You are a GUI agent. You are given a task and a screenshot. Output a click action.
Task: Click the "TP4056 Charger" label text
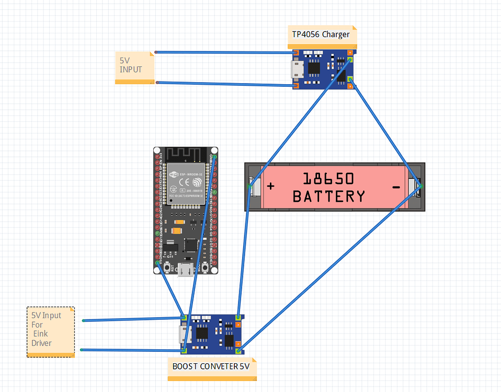click(321, 34)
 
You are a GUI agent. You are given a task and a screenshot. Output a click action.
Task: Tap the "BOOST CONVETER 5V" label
click(211, 366)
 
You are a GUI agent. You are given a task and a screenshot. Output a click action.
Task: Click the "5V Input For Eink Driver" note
click(50, 330)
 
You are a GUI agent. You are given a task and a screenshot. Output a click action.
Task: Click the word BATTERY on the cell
click(328, 197)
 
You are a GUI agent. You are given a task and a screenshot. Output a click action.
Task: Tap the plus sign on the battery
click(270, 186)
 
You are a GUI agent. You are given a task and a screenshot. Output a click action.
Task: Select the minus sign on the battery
click(396, 187)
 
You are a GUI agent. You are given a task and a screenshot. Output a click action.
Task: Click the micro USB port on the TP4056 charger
click(296, 68)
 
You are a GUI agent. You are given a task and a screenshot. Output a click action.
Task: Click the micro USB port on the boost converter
click(183, 333)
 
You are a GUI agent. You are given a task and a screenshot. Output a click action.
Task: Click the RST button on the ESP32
click(167, 268)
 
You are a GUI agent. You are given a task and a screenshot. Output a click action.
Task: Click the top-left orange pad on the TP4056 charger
click(296, 53)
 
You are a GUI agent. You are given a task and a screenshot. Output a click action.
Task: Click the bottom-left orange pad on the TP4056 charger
click(296, 85)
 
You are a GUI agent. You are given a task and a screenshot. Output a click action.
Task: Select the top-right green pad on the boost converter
click(238, 317)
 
